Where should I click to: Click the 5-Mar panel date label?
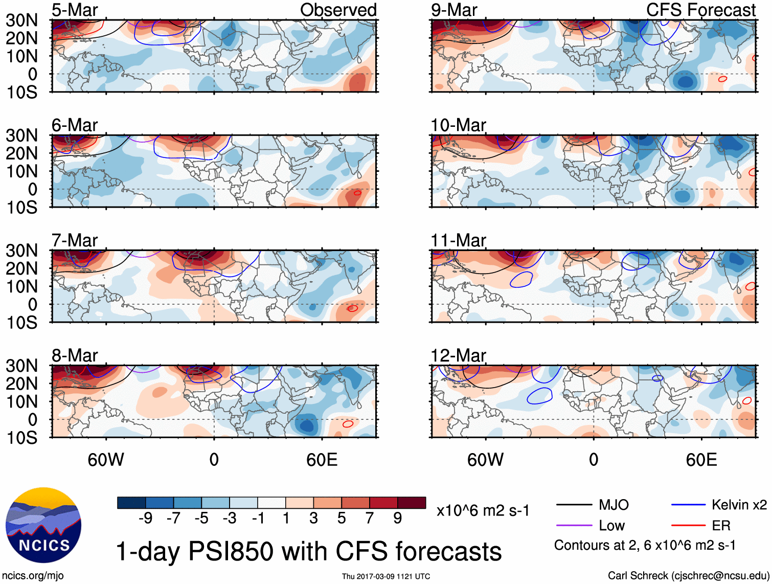[x=75, y=10]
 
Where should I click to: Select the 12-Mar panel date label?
[x=458, y=355]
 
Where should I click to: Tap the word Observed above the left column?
[x=338, y=10]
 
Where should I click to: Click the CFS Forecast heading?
[x=700, y=10]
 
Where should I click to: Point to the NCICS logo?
[x=43, y=525]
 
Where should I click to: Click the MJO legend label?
[x=614, y=505]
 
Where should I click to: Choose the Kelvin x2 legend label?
[x=739, y=505]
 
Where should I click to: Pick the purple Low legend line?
[x=574, y=526]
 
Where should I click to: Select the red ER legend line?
[x=688, y=526]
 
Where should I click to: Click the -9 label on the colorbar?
[x=145, y=519]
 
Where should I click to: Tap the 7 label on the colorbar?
[x=370, y=519]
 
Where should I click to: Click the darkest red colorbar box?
[x=412, y=503]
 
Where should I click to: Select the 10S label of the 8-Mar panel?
[x=21, y=438]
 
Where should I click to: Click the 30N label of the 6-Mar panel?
[x=21, y=136]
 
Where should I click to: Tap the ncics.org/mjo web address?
[x=33, y=576]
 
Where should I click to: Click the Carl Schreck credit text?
[x=688, y=576]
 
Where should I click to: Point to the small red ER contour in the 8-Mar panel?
[x=348, y=424]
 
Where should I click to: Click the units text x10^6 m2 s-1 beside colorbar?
[x=483, y=511]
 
